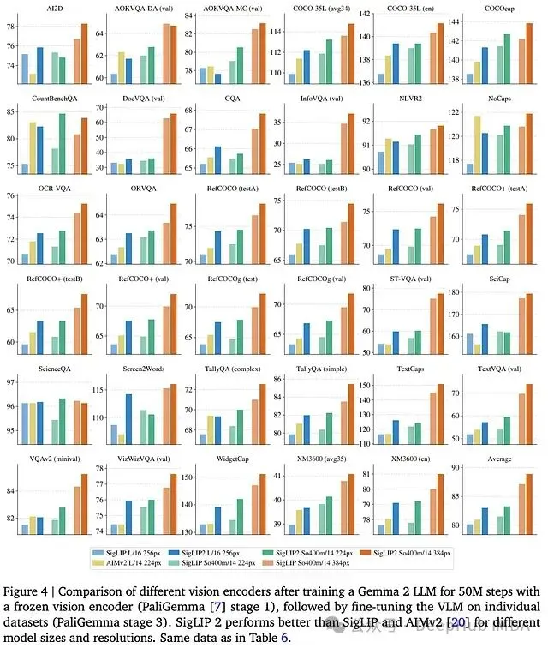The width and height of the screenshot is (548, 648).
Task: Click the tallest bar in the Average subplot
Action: [528, 504]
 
